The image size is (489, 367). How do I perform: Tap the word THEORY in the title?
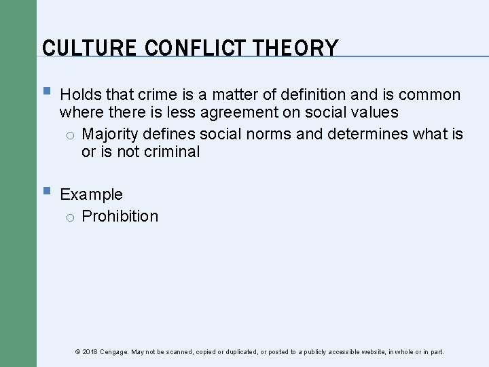295,48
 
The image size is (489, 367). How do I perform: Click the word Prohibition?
120,216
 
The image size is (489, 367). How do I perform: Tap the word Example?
91,194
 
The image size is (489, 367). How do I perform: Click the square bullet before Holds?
46,92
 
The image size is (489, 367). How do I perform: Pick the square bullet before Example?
46,192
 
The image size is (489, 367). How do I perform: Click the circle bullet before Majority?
70,135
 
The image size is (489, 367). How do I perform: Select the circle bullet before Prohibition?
70,217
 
